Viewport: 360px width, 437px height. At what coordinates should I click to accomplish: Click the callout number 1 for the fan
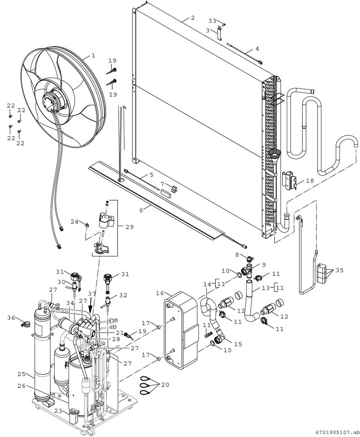pyautogui.click(x=93, y=55)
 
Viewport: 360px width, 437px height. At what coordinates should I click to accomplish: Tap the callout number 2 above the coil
pyautogui.click(x=193, y=18)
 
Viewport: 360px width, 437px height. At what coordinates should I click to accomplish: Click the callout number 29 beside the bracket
pyautogui.click(x=129, y=227)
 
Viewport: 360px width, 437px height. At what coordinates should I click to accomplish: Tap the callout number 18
pyautogui.click(x=310, y=181)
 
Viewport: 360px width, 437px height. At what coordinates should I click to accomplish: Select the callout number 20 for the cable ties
pyautogui.click(x=165, y=384)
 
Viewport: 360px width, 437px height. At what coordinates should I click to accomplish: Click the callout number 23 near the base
pyautogui.click(x=58, y=411)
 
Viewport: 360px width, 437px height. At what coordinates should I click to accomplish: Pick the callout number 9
pyautogui.click(x=264, y=265)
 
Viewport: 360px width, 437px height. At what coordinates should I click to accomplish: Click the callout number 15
pyautogui.click(x=238, y=344)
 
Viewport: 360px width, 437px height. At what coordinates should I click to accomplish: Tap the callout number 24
pyautogui.click(x=75, y=221)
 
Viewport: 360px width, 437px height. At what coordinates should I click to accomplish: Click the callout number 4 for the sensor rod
pyautogui.click(x=257, y=49)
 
